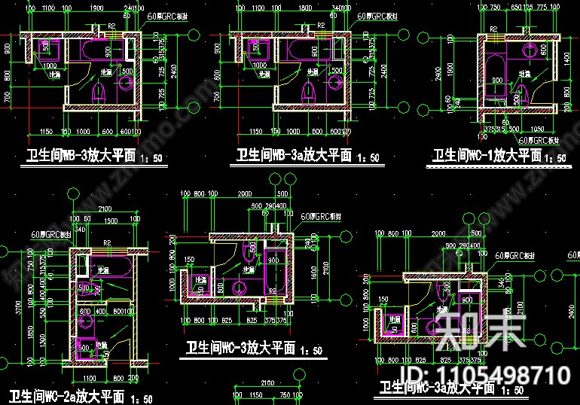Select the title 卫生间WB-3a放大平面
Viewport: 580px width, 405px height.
coord(294,156)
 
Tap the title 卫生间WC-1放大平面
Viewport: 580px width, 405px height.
coord(487,156)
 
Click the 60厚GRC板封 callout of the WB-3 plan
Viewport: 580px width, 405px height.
coord(167,15)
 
